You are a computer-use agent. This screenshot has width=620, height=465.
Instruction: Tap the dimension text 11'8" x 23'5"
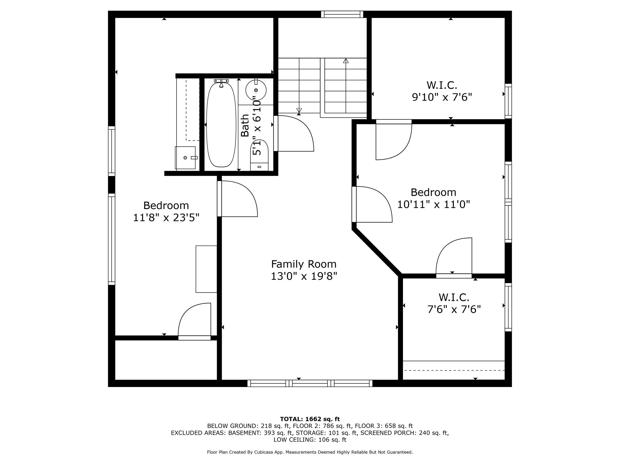166,218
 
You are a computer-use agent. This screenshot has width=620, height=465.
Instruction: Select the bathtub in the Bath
221,125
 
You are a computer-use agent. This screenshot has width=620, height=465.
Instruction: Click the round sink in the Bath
256,90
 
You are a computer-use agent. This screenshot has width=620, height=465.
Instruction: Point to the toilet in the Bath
259,155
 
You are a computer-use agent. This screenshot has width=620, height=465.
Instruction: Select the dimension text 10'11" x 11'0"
433,205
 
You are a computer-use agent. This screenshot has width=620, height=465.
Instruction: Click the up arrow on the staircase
346,61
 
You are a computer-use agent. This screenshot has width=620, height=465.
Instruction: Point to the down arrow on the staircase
299,110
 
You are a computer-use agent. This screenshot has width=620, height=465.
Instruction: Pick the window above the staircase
342,14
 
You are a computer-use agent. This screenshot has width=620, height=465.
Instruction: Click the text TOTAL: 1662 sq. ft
310,419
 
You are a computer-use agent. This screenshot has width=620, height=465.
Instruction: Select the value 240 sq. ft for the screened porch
433,433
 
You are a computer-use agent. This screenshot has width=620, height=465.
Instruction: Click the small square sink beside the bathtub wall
185,158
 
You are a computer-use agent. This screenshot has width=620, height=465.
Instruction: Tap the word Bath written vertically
245,125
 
